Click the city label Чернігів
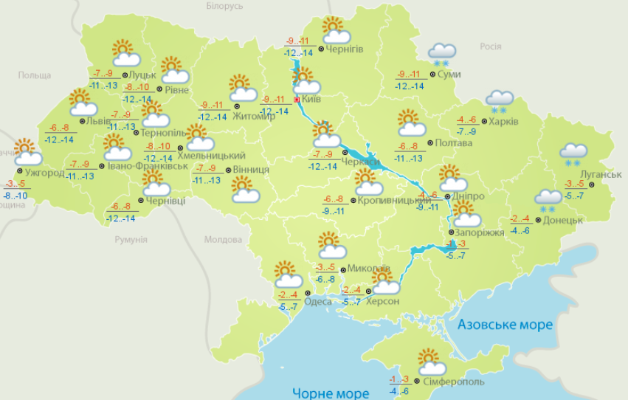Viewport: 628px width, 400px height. pos(344,49)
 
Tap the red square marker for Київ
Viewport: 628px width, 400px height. pos(297,98)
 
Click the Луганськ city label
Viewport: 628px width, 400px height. pos(591,174)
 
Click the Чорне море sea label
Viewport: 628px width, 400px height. pos(330,393)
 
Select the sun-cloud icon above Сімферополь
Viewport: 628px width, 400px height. pos(430,362)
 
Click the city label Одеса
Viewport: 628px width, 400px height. pos(318,301)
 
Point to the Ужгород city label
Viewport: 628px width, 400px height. pos(44,172)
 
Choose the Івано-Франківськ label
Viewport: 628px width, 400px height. pos(148,167)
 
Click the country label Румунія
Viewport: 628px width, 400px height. pos(131,240)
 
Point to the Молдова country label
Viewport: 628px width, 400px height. pos(223,240)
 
